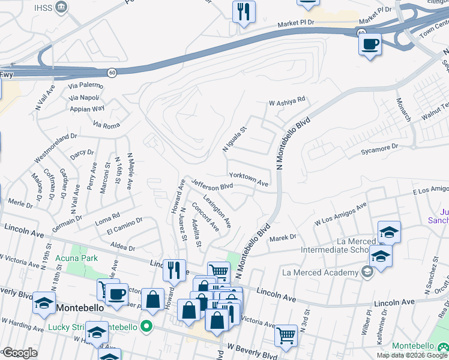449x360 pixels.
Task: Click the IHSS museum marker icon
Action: [x=61, y=7]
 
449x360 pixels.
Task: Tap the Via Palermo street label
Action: [x=85, y=86]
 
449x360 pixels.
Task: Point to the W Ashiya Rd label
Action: [x=287, y=101]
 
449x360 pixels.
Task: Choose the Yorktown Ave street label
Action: [x=248, y=179]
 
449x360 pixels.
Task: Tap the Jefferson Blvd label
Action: [x=212, y=185]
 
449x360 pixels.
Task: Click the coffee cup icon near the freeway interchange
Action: [x=370, y=44]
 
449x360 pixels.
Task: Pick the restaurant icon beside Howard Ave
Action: [x=174, y=270]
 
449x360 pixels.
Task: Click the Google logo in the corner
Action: [x=20, y=353]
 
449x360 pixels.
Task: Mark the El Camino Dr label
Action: [x=124, y=226]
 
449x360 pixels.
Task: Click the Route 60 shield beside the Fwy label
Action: [x=112, y=72]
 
